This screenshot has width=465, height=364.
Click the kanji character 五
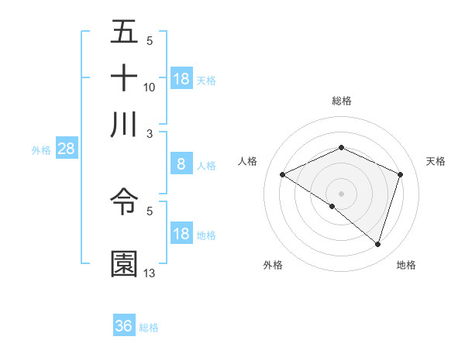125,32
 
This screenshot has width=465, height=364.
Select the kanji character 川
125,125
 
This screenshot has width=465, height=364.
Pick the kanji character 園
125,264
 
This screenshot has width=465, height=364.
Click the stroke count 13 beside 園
150,273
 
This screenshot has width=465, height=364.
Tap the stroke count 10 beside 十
150,87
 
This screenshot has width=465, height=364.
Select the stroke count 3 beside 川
150,132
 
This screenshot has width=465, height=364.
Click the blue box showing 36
124,326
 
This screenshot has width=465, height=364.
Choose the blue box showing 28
66,149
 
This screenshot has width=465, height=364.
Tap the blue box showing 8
181,163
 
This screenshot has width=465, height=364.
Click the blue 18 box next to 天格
181,78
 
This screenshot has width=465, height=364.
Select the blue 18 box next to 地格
181,234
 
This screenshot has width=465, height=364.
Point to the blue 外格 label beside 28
41,150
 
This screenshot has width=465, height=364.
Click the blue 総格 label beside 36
149,328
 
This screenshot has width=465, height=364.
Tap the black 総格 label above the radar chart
342,101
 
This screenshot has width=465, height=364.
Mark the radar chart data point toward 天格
401,175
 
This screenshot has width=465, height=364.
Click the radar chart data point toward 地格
377,245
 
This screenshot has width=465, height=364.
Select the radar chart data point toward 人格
283,175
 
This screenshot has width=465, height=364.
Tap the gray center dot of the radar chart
342,193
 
